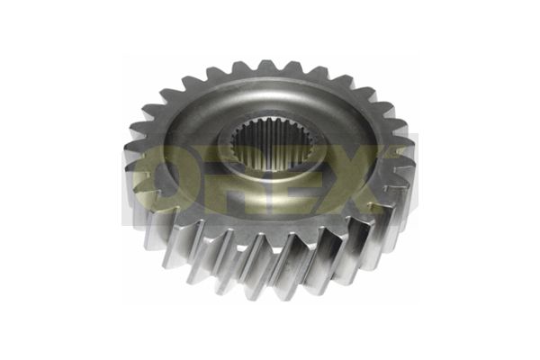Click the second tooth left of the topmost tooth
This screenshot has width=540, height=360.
coord(214,76)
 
